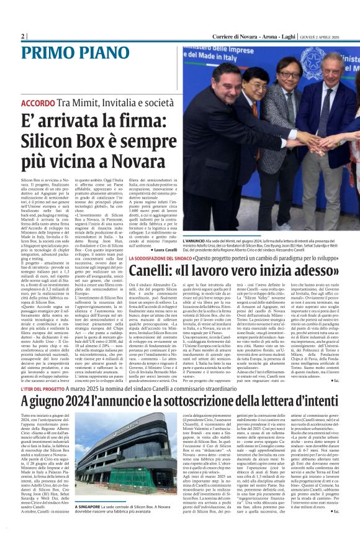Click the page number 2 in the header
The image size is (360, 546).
click(22, 37)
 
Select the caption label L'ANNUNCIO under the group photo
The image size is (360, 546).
click(196, 240)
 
